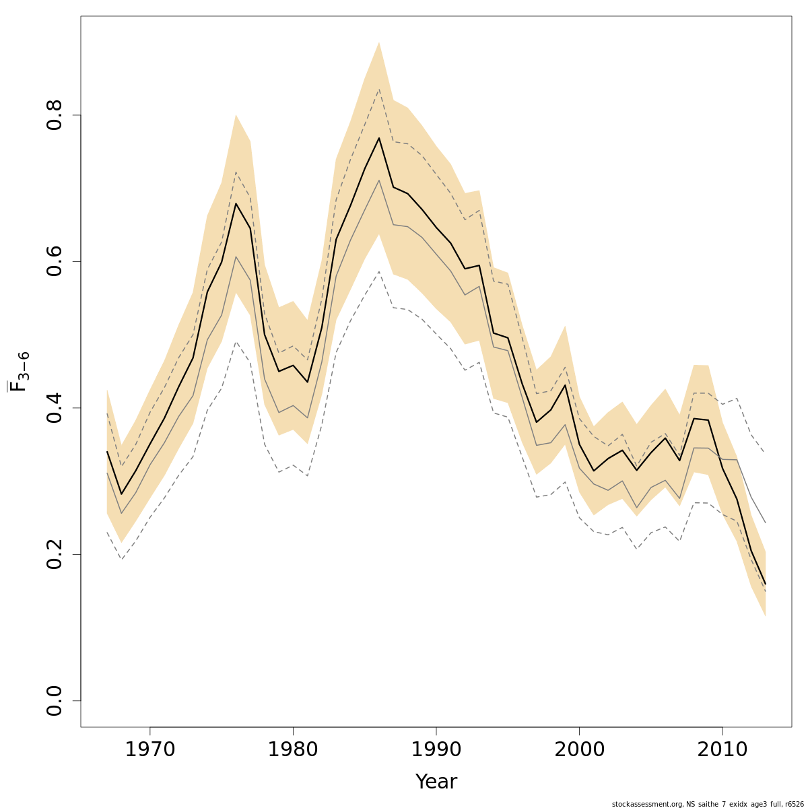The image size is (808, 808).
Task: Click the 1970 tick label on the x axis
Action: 150,750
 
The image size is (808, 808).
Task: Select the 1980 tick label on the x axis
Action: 293,750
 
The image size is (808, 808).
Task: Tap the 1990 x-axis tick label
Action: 436,750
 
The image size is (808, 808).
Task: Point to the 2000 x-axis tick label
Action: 580,750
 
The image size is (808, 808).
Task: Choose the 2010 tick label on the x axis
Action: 722,750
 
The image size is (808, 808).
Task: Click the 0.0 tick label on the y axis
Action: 55,700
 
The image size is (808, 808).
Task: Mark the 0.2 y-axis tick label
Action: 55,554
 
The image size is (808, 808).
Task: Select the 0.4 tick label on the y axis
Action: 55,408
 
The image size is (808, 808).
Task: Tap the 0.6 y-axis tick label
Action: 55,261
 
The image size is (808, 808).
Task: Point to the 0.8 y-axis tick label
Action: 55,115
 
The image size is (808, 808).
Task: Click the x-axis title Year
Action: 436,782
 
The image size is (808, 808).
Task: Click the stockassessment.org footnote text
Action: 708,804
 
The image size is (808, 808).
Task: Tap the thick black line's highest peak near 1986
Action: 379,138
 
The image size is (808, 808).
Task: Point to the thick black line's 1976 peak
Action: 236,203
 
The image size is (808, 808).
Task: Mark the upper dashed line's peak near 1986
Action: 379,90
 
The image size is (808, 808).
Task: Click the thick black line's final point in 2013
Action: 766,584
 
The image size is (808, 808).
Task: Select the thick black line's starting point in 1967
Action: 107,452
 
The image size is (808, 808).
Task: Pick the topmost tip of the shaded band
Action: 379,42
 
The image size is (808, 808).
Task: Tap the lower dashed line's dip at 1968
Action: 121,559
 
